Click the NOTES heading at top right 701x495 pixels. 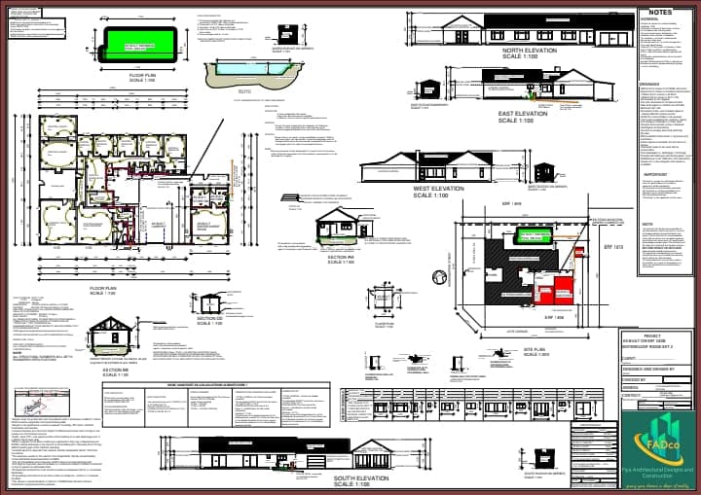point(658,12)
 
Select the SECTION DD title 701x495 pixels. point(210,318)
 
